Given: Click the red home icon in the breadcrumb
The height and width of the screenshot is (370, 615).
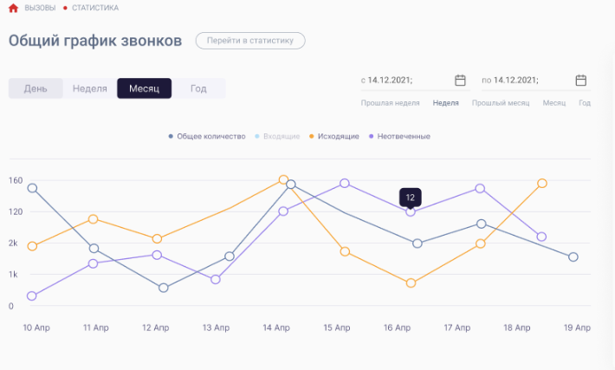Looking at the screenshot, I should tap(13, 8).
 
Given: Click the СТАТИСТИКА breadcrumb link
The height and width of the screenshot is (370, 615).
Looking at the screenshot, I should tap(95, 8).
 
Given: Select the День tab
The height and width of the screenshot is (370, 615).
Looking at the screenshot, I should tap(36, 88).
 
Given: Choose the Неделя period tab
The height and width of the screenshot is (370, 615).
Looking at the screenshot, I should tap(90, 88).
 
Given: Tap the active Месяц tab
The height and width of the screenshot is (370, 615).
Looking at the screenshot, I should tap(144, 88).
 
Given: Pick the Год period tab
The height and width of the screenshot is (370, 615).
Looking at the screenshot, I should tap(198, 88).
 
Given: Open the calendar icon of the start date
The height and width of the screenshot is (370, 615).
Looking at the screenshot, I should tap(461, 81).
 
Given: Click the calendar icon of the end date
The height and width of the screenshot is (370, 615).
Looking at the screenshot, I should tap(581, 81).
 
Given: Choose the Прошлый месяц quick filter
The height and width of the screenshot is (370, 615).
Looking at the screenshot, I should tap(501, 103).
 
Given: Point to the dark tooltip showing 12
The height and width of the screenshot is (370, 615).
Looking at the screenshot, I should tap(411, 198).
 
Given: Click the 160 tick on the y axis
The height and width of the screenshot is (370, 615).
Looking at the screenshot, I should tap(16, 180).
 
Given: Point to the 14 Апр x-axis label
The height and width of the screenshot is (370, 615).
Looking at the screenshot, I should tap(276, 328).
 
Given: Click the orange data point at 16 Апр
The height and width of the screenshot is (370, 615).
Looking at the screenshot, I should tap(411, 283).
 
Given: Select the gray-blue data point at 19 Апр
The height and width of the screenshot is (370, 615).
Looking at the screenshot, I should tap(573, 257).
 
